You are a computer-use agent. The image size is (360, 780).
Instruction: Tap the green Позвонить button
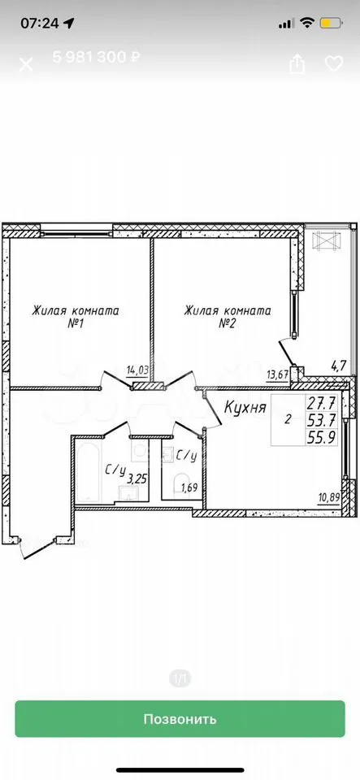180,718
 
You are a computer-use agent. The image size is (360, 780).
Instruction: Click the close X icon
26,64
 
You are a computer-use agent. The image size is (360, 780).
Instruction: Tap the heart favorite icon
334,63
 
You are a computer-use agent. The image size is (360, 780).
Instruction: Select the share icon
297,63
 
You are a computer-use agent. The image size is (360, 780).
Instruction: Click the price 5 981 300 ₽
96,57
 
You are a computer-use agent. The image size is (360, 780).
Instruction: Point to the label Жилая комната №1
76,317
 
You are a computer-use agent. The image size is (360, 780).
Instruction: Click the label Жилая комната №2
228,317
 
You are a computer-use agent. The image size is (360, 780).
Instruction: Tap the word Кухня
245,409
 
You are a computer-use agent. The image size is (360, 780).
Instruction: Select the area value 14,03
137,370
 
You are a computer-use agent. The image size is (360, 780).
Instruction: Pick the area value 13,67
277,375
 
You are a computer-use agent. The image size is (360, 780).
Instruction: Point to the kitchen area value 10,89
329,497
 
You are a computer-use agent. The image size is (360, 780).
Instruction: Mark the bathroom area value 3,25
137,479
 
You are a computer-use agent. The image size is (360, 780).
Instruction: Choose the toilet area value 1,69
189,487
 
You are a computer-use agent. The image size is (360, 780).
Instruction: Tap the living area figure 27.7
322,401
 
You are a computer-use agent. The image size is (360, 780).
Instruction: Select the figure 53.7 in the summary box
322,419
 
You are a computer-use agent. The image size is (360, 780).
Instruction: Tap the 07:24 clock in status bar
39,23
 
